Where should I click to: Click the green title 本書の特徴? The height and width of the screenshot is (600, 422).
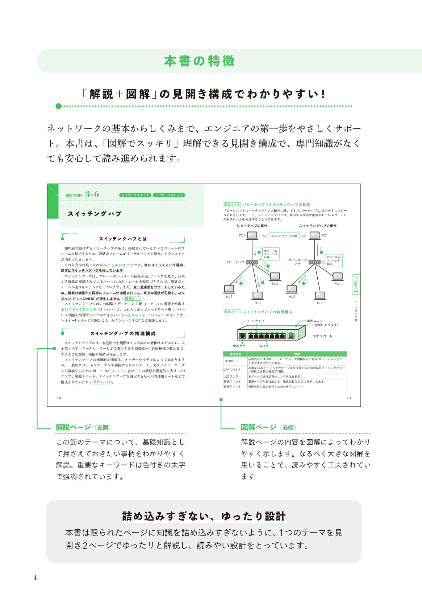point(200,61)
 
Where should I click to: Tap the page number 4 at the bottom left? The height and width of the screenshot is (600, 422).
point(35,578)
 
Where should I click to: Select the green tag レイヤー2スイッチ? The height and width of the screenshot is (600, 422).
point(135,195)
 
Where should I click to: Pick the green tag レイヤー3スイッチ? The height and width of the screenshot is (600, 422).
point(169,195)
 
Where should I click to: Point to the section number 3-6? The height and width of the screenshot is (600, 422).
point(92,194)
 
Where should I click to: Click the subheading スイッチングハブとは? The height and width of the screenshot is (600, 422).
point(123,239)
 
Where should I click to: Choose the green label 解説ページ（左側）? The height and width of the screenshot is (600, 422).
point(83,427)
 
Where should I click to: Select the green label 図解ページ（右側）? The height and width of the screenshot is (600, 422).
point(268,427)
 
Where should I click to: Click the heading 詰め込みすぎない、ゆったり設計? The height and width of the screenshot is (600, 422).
point(204,516)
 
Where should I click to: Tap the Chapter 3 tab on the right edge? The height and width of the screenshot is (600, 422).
point(356,285)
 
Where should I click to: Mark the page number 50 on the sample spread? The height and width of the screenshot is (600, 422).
point(59,398)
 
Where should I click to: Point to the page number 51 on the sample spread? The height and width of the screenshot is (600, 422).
point(349,398)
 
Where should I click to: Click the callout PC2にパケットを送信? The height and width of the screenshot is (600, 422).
point(284,236)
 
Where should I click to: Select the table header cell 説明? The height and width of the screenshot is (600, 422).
point(297,354)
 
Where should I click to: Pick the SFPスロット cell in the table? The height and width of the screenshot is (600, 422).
point(232,370)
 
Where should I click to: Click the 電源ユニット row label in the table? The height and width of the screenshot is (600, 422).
point(232,382)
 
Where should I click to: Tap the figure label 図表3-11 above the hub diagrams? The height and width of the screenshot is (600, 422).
point(231,205)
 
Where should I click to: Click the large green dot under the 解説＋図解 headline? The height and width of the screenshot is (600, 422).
point(59,106)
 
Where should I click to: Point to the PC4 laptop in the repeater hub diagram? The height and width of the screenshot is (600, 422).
point(275,277)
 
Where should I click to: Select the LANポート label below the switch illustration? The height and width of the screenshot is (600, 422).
point(266,346)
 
